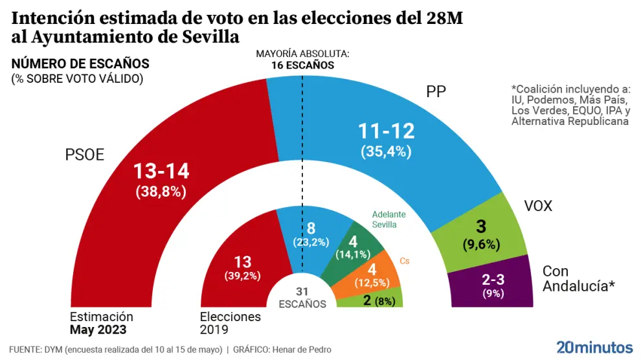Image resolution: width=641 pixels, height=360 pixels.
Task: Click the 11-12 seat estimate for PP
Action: coord(387,132)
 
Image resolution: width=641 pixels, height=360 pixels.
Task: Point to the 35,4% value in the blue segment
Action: coord(387,153)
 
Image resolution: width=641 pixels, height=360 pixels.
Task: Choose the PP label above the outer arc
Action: coord(436,92)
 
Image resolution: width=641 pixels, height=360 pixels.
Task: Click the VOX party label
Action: coord(537,207)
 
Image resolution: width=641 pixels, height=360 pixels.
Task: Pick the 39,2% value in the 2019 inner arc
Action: coord(241,275)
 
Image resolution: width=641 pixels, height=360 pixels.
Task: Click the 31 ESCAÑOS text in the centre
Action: coord(302,298)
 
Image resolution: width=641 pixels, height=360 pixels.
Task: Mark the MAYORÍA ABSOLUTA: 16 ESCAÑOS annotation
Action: coord(302,60)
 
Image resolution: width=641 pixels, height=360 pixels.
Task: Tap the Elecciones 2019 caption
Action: coord(230,323)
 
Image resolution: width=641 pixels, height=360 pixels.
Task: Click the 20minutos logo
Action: coord(594,346)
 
